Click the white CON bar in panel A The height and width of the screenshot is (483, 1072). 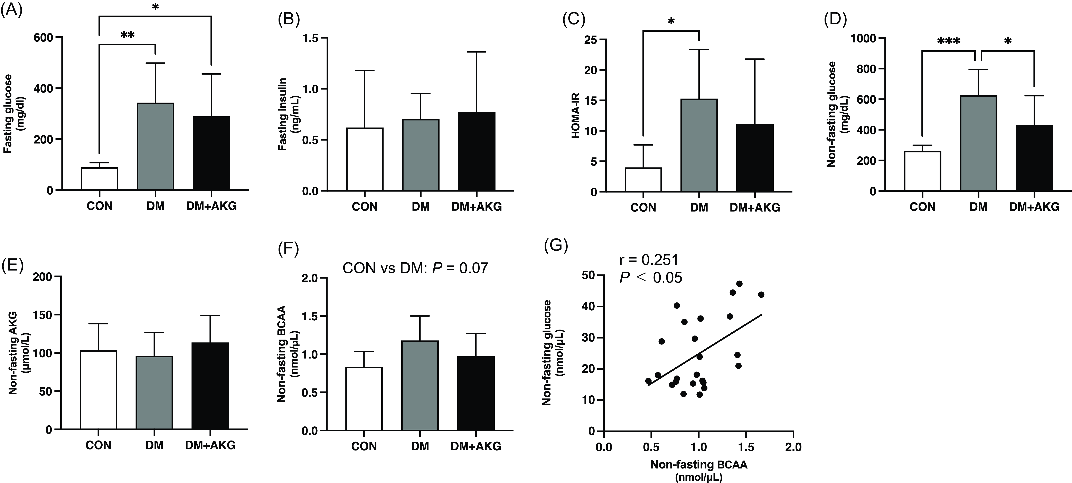100,179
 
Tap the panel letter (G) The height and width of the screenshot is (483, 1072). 556,246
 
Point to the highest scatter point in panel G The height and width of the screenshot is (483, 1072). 739,284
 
